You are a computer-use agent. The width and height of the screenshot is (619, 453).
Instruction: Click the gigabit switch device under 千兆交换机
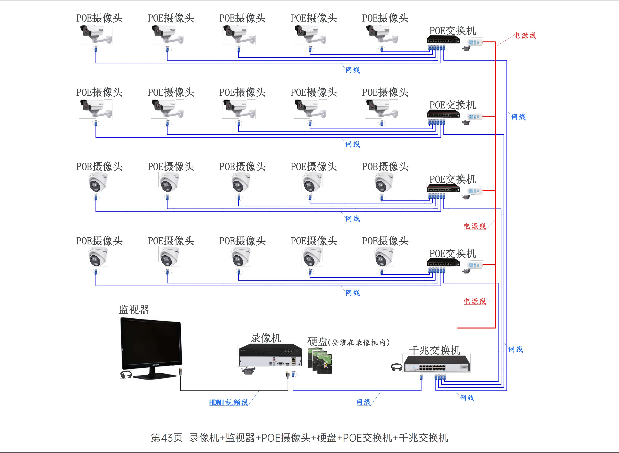coord(437,364)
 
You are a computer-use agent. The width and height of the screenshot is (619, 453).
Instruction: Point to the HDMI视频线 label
coord(229,402)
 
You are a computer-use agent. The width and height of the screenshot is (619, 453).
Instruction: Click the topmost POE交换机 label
coord(453,31)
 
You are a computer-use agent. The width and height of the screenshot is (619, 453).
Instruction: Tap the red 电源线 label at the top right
coord(525,35)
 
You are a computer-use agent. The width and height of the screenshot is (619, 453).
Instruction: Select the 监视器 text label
coord(134,310)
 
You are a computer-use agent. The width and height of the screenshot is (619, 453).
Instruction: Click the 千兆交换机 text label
coord(435,350)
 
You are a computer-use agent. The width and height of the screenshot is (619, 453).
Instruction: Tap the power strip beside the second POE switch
coord(475,117)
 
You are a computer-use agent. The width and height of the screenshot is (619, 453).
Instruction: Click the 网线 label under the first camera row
coord(353,70)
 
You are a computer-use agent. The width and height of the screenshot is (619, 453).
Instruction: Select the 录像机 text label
coord(266,338)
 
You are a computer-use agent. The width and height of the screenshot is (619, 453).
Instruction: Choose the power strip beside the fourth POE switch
coord(475,265)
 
